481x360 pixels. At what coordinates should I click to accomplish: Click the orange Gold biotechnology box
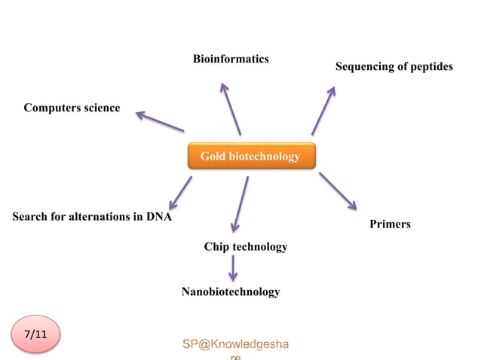250,156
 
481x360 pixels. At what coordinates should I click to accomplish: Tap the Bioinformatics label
231,59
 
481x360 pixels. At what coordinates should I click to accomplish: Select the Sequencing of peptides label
394,66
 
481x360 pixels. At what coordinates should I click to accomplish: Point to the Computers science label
72,108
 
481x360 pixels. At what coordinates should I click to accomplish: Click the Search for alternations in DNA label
92,217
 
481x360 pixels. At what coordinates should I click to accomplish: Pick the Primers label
390,224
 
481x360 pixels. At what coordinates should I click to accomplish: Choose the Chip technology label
246,246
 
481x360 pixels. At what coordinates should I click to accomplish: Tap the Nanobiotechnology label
231,291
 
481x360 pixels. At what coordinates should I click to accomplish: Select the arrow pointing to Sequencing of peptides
323,110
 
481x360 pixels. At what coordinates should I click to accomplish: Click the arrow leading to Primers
337,191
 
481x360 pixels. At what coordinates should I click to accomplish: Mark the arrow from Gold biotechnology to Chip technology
240,203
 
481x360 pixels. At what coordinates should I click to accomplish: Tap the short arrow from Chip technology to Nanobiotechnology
233,267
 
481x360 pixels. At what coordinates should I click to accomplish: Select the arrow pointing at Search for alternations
180,193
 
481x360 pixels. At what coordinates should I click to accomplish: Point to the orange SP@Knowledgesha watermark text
235,344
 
